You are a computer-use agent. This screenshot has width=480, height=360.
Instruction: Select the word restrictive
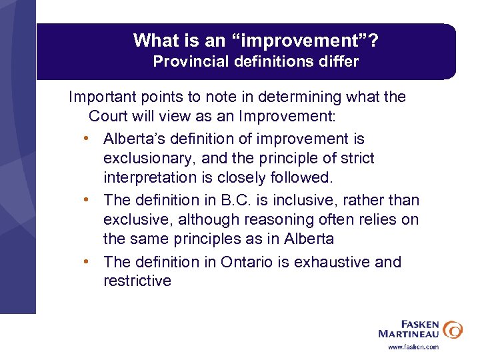pyautogui.click(x=137, y=281)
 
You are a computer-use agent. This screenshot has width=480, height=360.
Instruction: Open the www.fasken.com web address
pyautogui.click(x=413, y=347)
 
